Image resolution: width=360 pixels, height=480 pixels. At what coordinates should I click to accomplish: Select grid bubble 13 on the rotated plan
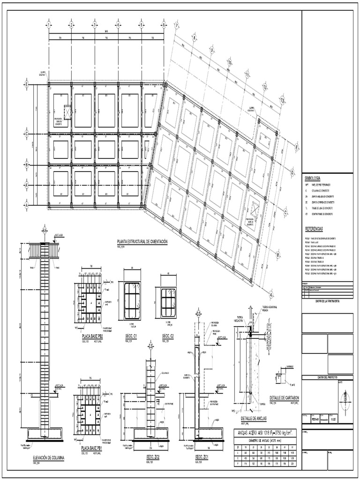click(x=282, y=100)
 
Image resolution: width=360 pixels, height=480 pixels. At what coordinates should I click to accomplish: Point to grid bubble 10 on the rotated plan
click(x=229, y=61)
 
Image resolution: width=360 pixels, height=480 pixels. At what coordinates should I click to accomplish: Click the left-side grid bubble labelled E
click(x=27, y=84)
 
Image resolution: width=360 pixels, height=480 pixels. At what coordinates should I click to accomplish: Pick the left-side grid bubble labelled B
click(x=27, y=165)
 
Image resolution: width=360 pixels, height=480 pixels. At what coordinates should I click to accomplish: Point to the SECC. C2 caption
click(x=167, y=336)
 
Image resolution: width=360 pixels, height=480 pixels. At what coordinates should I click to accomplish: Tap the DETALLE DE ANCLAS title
click(x=254, y=418)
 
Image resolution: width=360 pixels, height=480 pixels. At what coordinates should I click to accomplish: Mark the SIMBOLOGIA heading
click(x=313, y=179)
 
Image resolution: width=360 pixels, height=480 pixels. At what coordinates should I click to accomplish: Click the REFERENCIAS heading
click(x=314, y=228)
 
